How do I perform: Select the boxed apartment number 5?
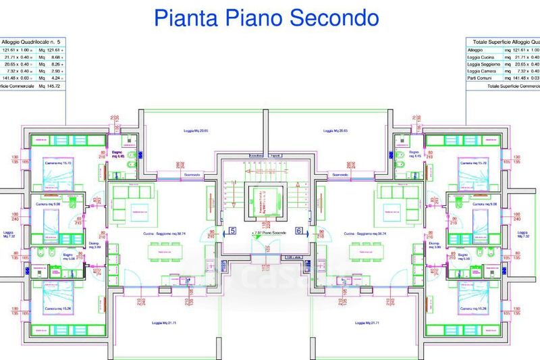click(233, 231)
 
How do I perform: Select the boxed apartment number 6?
click(299, 231)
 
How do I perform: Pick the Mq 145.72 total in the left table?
click(49, 86)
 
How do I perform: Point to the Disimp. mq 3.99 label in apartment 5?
click(94, 247)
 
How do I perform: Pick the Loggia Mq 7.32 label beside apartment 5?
click(9, 235)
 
